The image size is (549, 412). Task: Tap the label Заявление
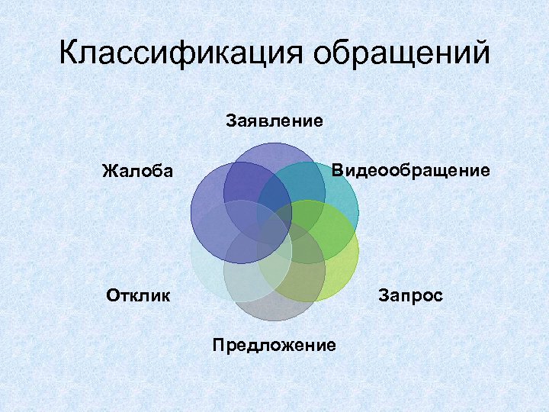click(274, 120)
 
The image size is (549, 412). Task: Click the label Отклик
click(139, 295)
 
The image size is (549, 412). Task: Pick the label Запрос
click(410, 295)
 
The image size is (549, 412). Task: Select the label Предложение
click(274, 345)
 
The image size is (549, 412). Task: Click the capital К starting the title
click(69, 54)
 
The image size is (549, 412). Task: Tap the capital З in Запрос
click(383, 295)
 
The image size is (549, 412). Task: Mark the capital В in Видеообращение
click(337, 170)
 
